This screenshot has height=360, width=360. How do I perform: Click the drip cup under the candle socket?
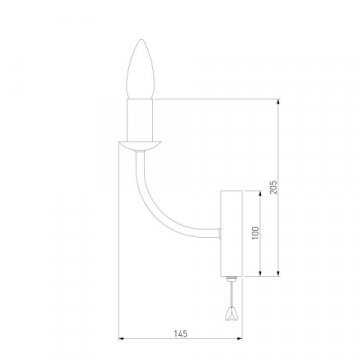click(139, 145)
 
